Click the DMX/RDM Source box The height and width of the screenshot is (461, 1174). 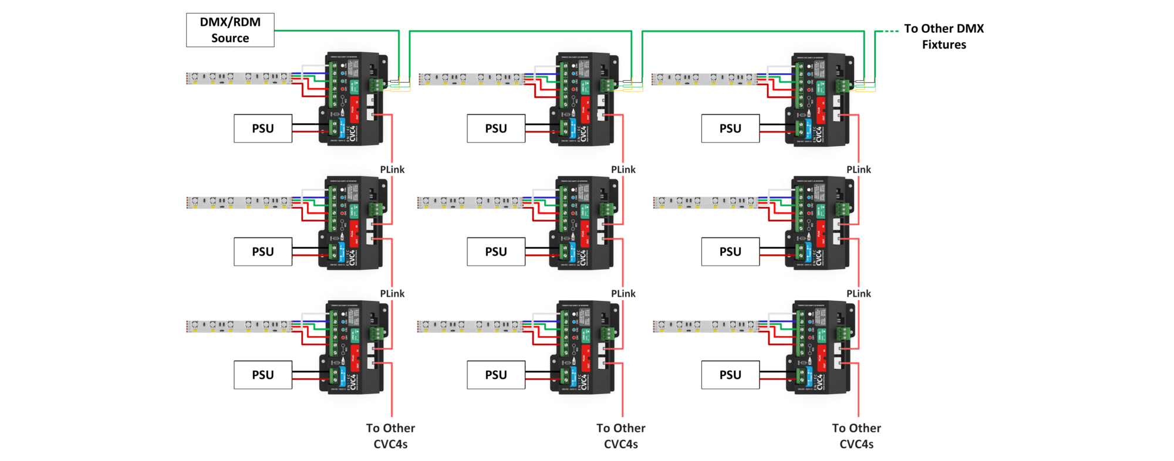point(230,30)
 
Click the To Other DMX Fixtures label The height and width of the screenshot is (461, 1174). point(943,36)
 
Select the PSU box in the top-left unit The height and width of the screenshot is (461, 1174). point(263,128)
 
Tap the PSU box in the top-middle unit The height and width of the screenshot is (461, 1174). point(496,128)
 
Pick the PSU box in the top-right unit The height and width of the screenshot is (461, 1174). point(730,128)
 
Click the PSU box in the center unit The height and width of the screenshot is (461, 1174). point(496,252)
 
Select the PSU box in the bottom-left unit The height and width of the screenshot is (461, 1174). point(263,375)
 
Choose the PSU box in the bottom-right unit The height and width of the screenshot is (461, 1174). point(730,375)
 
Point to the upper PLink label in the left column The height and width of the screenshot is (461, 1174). point(392,170)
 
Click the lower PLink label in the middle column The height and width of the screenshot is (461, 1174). point(623,293)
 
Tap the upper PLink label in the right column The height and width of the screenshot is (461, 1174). point(858,170)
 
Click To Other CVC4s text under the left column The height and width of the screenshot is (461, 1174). point(390,436)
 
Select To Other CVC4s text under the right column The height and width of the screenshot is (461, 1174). point(856,436)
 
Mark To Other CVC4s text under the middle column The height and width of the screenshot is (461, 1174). point(620,436)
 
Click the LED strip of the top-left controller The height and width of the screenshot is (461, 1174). point(238,78)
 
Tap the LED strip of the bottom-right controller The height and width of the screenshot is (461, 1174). point(704,326)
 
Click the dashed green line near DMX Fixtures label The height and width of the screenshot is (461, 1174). point(890,31)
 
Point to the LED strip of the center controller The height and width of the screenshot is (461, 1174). point(470,202)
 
